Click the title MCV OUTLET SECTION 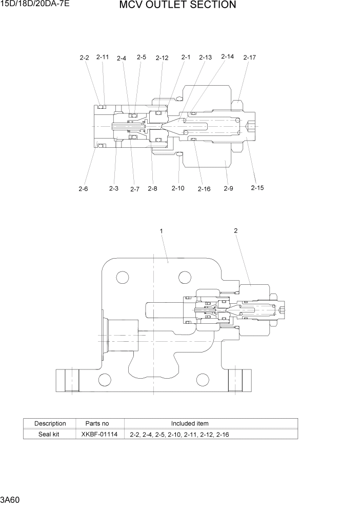177,6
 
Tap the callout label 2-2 84,58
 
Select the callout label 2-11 103,57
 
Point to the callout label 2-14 227,57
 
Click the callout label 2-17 249,57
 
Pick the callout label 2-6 83,189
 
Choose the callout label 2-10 177,189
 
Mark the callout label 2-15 257,188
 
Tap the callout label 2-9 228,189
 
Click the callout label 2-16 204,189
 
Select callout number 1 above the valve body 162,231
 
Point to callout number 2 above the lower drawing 236,231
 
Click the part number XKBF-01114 99,434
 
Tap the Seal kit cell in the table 50,434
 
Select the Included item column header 190,423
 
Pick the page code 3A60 10,499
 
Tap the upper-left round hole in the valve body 123,278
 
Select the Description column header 50,423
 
